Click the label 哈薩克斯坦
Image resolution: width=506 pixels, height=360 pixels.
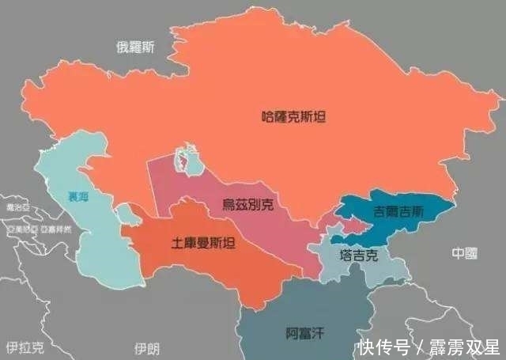coord(293,116)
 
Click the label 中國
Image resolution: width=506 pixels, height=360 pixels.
coord(465,253)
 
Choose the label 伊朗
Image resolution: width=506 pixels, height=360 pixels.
coord(147,347)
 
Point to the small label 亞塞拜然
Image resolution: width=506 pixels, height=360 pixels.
coord(56,229)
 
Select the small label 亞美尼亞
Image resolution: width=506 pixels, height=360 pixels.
coord(22,229)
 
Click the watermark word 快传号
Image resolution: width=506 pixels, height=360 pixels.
coord(383,347)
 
